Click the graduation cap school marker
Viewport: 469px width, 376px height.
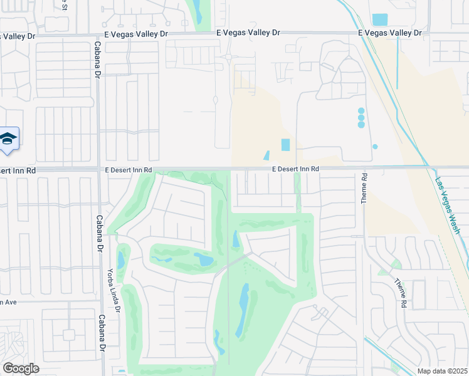click(8, 139)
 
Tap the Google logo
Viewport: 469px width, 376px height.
click(21, 368)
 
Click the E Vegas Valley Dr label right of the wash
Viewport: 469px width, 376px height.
click(388, 33)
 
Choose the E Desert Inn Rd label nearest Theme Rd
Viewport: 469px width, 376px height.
click(295, 169)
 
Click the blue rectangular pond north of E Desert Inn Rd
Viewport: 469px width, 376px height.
click(286, 145)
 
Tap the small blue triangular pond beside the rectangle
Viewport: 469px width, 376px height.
click(266, 155)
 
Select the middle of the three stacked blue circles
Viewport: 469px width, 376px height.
click(361, 117)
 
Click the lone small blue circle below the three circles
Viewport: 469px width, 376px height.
click(375, 147)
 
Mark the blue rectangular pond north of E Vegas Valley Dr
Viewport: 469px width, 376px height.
click(379, 19)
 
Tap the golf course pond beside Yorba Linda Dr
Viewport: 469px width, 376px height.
click(120, 259)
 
